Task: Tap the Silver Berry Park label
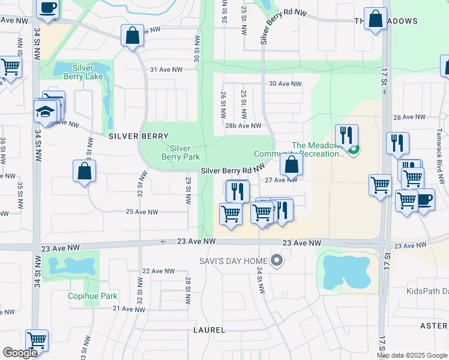[180, 152]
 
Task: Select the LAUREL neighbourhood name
[209, 330]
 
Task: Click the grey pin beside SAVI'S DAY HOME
[277, 260]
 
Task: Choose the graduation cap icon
[44, 112]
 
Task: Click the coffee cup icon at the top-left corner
[47, 8]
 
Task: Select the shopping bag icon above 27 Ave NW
[291, 165]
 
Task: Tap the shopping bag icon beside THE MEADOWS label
[376, 19]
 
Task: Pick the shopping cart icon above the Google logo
[37, 340]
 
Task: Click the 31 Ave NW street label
[166, 70]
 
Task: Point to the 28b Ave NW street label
[244, 126]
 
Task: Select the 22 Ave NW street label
[158, 271]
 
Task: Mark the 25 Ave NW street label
[142, 212]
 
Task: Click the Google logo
[20, 353]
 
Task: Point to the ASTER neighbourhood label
[433, 325]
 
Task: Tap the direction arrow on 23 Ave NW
[162, 242]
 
